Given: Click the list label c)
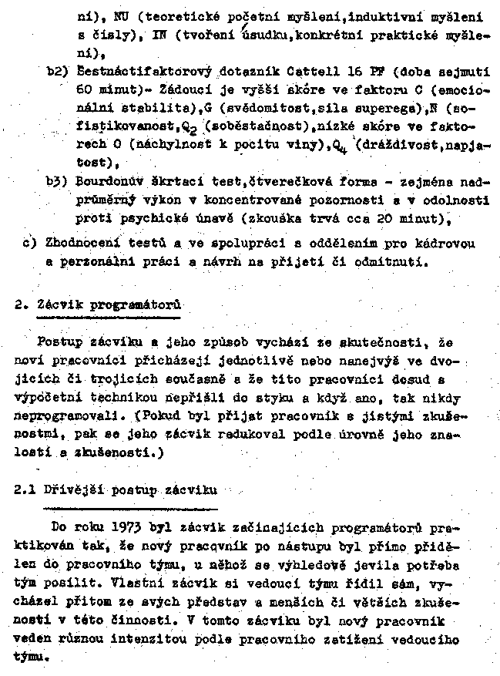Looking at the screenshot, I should [x=31, y=244].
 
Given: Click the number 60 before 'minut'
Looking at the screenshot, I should [x=86, y=89].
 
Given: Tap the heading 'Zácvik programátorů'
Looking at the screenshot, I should [x=109, y=304].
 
